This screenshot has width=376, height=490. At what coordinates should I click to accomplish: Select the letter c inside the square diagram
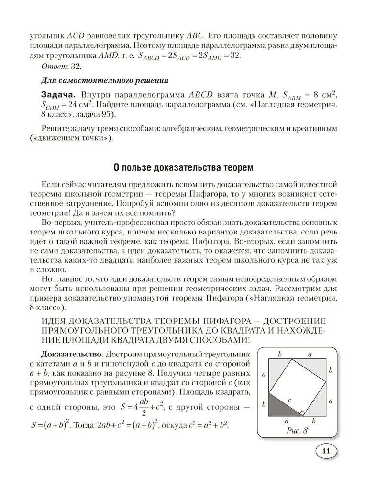click(290, 399)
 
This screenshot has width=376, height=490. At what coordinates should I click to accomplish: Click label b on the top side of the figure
click(279, 354)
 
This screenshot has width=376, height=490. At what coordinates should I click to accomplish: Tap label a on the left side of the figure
click(264, 374)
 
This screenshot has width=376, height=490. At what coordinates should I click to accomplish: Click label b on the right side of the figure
click(330, 370)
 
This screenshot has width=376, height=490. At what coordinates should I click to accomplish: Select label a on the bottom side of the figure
click(287, 421)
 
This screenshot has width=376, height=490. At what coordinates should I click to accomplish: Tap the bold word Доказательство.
click(72, 355)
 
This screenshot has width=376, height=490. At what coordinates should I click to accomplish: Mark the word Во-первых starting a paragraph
click(60, 223)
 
